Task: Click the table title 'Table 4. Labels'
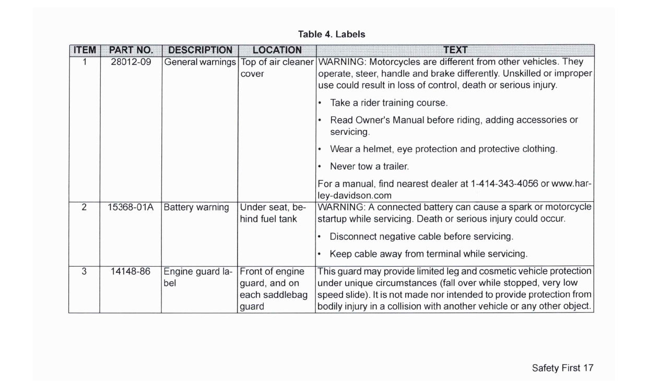[x=332, y=34]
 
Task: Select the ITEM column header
[x=84, y=50]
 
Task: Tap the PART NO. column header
[x=131, y=50]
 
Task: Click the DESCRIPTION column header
[x=200, y=50]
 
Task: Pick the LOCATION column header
[x=277, y=50]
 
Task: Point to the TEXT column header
[x=455, y=50]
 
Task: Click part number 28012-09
[x=131, y=62]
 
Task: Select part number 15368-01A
[x=131, y=207]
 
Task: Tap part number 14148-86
[x=131, y=272]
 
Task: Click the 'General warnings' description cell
[x=200, y=62]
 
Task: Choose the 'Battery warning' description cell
[x=196, y=207]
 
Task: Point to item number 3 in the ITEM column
[x=84, y=272]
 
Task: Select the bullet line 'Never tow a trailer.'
[x=369, y=167]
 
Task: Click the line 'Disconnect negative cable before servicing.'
[x=421, y=236]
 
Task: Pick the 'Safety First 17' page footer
[x=562, y=368]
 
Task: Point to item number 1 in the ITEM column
[x=84, y=62]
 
